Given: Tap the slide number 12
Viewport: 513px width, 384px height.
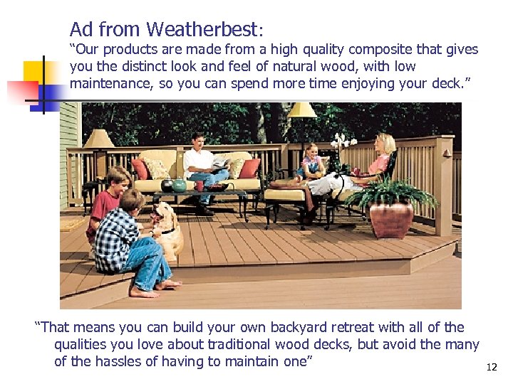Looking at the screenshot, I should click(x=491, y=368).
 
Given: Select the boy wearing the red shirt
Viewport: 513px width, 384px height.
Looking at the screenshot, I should click(x=107, y=203).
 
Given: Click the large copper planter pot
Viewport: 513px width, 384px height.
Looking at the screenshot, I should click(x=391, y=219).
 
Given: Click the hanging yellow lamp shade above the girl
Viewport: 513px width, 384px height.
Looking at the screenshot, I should click(x=302, y=110).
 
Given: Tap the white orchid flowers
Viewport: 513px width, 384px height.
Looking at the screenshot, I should click(x=343, y=141).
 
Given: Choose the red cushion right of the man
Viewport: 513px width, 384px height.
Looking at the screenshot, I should click(x=249, y=168).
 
